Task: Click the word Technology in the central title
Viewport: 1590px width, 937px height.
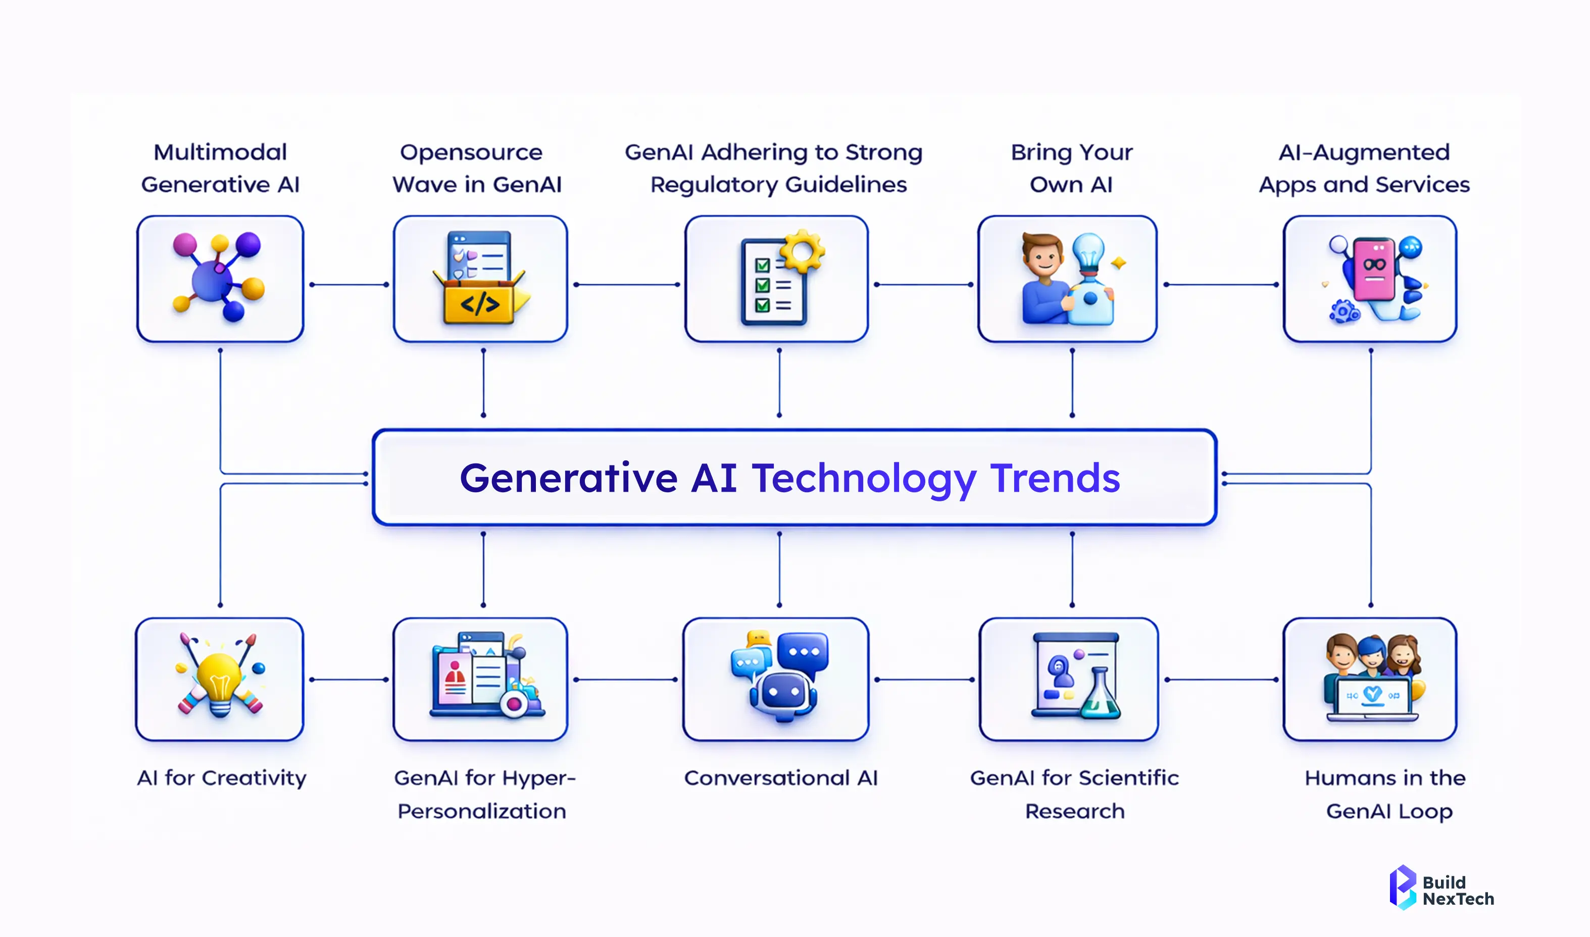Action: tap(864, 479)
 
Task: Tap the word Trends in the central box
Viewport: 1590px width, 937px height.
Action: tap(1055, 478)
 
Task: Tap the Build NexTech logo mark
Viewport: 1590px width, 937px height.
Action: tap(1403, 887)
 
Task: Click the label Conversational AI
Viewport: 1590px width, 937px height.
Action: tap(781, 778)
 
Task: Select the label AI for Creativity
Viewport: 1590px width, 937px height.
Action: tap(221, 778)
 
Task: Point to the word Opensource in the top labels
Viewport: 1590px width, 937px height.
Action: tap(471, 152)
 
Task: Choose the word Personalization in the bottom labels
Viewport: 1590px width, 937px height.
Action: tap(481, 811)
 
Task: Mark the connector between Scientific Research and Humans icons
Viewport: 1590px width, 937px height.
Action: tap(1222, 680)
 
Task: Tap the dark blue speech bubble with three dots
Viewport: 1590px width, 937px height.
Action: tap(804, 652)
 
